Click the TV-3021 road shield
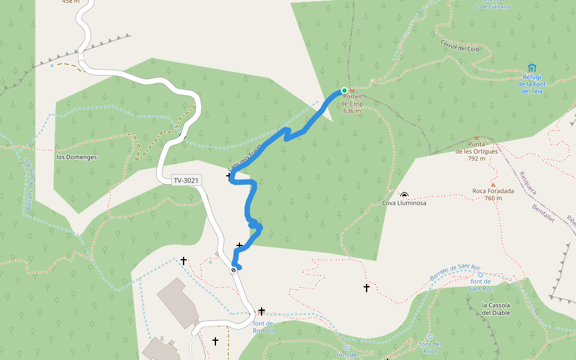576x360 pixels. (x=187, y=180)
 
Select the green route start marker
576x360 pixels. (x=344, y=91)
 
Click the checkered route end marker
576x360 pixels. (x=233, y=270)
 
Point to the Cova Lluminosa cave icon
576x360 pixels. (x=404, y=195)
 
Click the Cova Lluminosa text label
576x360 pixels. (x=404, y=203)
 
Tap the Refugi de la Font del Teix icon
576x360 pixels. (x=532, y=68)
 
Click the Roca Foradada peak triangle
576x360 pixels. (x=493, y=184)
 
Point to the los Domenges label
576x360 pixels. (x=76, y=157)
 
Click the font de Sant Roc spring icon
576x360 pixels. (x=480, y=275)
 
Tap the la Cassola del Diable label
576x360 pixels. (x=496, y=309)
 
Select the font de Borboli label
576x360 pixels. (x=263, y=327)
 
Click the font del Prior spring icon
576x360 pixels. (x=430, y=337)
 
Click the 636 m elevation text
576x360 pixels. (x=352, y=111)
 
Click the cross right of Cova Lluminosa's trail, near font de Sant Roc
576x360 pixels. (x=367, y=288)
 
